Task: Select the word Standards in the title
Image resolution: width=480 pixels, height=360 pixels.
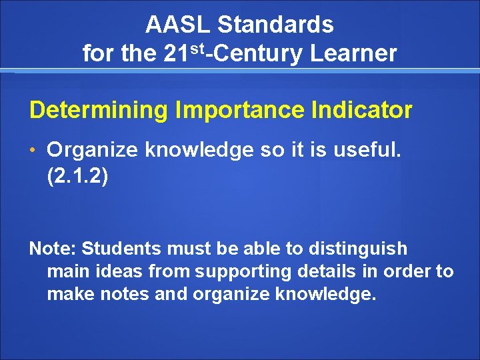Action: tap(275, 25)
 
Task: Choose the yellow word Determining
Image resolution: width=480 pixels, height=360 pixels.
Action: tap(97, 110)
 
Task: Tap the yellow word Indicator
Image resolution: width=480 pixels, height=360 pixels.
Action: tap(353, 110)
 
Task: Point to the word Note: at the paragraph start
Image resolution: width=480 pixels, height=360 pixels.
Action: tap(53, 249)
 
